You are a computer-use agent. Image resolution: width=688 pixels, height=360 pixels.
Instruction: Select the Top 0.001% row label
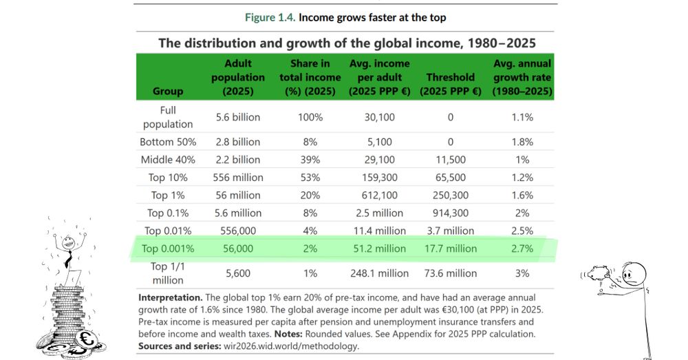(x=169, y=248)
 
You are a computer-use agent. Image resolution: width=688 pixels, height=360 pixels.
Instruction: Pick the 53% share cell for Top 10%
(x=310, y=178)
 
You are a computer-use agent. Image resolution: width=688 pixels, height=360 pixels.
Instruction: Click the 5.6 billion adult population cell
(x=237, y=117)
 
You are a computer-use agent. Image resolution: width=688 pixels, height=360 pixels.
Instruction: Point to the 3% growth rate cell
(x=522, y=273)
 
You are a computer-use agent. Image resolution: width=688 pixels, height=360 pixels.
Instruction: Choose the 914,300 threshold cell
(x=450, y=213)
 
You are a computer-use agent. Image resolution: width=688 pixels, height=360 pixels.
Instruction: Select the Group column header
(x=169, y=91)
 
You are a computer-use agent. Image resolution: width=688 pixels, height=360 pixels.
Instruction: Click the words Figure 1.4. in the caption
(x=271, y=17)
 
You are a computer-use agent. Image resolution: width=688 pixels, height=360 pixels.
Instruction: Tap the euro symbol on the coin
(x=87, y=339)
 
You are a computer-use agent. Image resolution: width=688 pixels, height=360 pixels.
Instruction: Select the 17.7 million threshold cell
(x=450, y=248)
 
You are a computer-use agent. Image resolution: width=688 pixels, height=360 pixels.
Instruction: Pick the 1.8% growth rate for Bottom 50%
(x=522, y=142)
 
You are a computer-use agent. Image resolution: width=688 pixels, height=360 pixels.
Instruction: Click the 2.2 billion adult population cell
(x=237, y=160)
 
